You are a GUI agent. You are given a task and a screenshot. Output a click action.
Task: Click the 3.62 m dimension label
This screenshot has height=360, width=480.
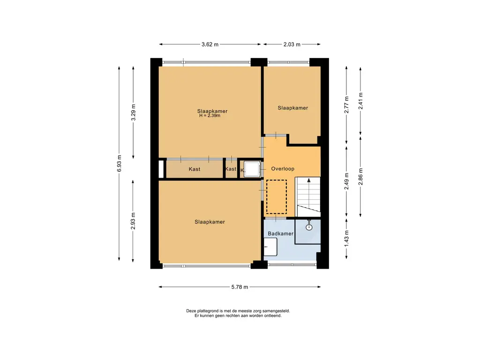point(210,45)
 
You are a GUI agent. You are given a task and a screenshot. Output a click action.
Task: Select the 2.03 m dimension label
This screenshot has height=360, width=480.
point(292,45)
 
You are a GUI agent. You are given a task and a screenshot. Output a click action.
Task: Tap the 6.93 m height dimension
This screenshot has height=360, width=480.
point(120,164)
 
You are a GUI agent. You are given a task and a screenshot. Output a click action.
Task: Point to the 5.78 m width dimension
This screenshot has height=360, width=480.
point(240,287)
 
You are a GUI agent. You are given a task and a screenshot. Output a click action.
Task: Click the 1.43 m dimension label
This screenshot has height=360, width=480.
point(346,239)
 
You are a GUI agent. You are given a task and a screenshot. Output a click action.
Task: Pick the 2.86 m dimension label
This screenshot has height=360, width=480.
point(360,177)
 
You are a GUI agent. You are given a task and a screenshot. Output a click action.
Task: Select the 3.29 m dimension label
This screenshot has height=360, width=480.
point(133,112)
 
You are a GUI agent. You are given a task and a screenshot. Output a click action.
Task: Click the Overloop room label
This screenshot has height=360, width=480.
point(283,169)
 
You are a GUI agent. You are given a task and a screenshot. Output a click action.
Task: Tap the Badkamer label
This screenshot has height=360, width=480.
point(280,233)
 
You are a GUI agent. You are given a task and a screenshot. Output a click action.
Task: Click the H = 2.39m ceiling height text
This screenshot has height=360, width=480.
point(210,116)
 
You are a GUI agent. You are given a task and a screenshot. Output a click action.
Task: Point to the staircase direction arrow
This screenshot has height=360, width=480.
point(309,193)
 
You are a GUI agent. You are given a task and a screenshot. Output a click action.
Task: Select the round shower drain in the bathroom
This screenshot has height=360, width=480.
point(309,227)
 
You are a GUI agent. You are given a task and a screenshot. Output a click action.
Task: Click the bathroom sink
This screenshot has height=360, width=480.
point(270,247)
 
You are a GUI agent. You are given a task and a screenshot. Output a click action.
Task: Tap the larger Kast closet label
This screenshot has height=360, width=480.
point(195,169)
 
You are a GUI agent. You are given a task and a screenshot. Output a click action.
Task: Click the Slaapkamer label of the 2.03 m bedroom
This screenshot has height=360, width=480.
point(292,108)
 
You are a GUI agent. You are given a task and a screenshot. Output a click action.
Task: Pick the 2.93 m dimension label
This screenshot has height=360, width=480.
point(133,221)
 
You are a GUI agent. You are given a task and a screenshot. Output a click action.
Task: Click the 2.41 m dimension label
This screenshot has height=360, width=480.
point(360,101)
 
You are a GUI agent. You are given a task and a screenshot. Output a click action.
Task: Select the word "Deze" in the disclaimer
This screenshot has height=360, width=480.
point(191,311)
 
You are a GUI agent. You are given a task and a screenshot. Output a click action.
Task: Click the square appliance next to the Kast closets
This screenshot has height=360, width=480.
point(252,169)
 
